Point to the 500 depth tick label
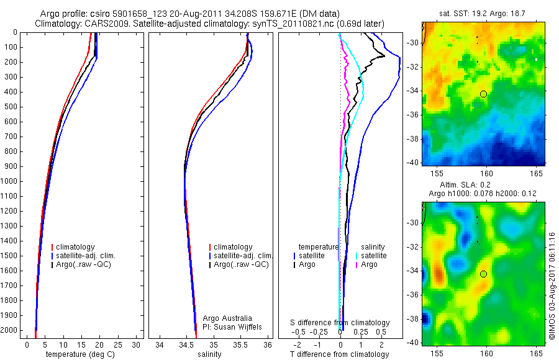(10, 107)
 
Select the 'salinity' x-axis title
(209, 354)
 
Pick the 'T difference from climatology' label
(339, 354)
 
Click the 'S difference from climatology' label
(340, 323)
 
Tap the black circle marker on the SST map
(483, 94)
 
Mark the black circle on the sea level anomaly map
(483, 274)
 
